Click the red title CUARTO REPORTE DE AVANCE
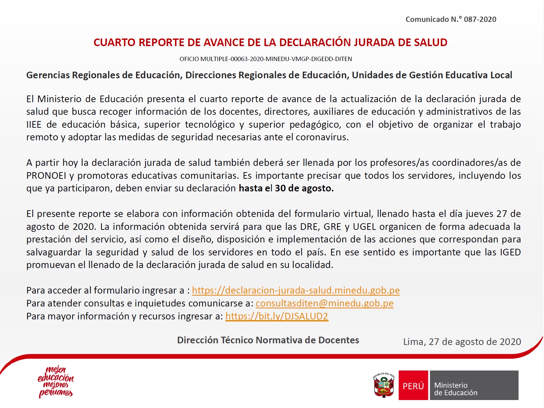tap(270, 42)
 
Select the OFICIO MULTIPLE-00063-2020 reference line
tap(266, 59)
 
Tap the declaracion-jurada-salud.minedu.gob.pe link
tap(296, 290)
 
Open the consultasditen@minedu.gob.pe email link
tap(324, 303)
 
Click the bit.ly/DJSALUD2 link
tap(276, 316)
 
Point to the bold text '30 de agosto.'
tap(304, 188)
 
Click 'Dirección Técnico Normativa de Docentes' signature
tap(268, 340)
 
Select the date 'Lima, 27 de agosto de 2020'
tap(462, 342)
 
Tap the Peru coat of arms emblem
tap(384, 385)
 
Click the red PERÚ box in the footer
tap(413, 385)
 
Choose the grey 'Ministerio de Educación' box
tap(474, 385)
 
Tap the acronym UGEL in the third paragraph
tap(364, 227)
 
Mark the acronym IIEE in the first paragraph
tap(34, 125)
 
